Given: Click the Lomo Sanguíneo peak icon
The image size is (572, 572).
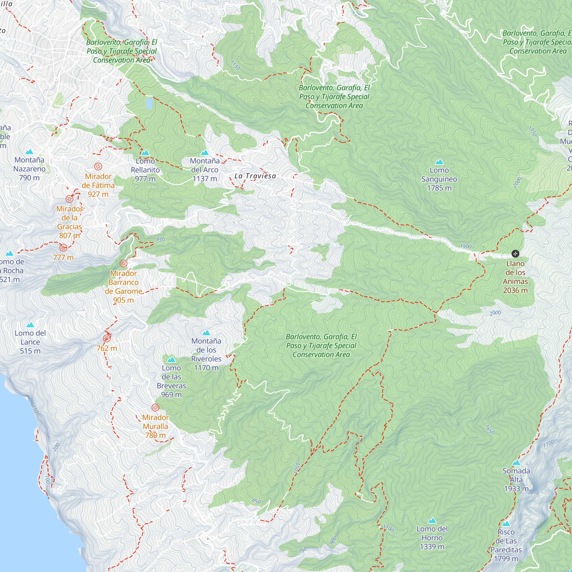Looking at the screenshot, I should (439, 162).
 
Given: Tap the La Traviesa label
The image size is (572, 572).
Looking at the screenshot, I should (255, 176).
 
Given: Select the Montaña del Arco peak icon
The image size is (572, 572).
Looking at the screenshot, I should (204, 152).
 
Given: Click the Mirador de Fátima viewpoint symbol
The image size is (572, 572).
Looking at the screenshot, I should (98, 166).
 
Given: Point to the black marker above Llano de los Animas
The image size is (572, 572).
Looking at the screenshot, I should (515, 254).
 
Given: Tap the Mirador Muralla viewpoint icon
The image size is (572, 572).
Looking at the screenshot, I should (155, 407).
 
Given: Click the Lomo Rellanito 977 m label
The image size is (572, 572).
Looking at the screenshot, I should (145, 170).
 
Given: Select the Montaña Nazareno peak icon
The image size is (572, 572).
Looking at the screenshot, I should (29, 152).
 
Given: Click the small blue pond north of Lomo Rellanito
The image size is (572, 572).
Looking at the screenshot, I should (149, 103).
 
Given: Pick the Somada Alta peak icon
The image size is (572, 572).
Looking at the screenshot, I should (516, 462).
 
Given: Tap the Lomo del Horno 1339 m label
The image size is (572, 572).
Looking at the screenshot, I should (432, 538).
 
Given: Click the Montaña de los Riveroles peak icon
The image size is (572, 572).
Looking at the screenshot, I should (206, 333).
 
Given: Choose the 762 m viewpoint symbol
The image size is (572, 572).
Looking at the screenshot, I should (107, 338).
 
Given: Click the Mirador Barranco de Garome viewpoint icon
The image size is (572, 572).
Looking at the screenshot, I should (124, 263).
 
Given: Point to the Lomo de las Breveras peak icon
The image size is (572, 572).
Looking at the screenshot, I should (171, 360).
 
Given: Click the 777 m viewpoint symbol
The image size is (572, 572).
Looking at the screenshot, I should (63, 247).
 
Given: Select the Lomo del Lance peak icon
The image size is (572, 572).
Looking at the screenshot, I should (30, 325).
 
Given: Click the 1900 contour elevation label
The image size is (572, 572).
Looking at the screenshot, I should (466, 246).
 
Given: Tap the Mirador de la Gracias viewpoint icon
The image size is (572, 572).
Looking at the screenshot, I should (69, 199).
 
